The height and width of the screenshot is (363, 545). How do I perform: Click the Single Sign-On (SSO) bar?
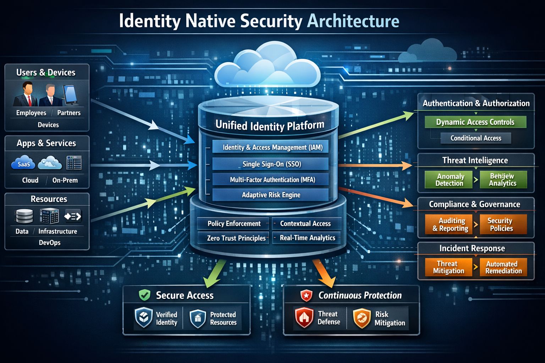tap(270, 164)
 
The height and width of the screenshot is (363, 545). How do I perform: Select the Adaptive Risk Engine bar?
tap(270, 195)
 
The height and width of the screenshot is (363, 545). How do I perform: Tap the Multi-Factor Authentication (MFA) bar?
tap(270, 180)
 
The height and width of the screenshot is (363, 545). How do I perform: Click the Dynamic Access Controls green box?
tap(475, 122)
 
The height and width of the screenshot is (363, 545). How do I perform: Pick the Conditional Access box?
tap(475, 138)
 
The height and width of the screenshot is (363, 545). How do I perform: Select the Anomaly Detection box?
tap(449, 180)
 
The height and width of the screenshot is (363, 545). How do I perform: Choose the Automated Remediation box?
tap(503, 267)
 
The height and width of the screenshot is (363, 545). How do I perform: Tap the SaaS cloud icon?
tap(23, 163)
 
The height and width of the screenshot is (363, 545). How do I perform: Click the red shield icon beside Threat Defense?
tap(304, 318)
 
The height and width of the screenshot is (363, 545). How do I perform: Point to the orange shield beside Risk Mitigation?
tap(362, 318)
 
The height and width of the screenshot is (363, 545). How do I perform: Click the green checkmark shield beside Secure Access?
tap(144, 295)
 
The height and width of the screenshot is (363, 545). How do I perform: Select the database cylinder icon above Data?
tap(24, 216)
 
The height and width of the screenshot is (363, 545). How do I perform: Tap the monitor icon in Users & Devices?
tap(71, 95)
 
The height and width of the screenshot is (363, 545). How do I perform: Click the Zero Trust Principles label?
tap(236, 238)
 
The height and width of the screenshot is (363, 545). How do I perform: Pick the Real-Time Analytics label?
tap(307, 238)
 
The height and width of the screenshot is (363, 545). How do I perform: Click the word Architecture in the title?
tap(353, 21)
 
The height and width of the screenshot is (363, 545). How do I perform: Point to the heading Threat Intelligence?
tap(475, 160)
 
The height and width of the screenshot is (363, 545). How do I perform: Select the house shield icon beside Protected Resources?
tap(198, 318)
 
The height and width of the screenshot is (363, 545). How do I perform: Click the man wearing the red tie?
tap(27, 94)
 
